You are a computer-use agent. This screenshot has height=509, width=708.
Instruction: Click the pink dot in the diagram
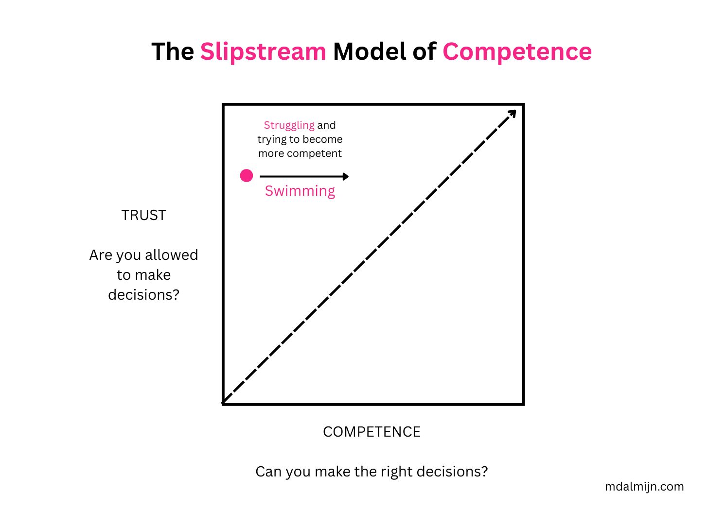point(247,175)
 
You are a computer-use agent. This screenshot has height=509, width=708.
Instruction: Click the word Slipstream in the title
point(263,51)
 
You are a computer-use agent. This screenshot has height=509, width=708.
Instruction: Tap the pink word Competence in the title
point(517,51)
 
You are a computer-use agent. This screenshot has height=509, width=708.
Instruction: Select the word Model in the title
point(369,51)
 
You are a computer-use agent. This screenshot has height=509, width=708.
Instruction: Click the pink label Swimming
point(300,191)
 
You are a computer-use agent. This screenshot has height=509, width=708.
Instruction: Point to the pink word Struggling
point(289,125)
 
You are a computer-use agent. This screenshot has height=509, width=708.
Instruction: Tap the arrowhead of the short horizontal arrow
point(345,176)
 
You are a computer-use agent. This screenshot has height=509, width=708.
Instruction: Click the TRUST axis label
point(143,215)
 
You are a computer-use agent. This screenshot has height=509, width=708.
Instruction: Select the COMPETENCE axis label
point(372,432)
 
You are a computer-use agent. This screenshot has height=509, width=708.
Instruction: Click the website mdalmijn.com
point(644,486)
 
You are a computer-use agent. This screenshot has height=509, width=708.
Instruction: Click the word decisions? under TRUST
point(143,295)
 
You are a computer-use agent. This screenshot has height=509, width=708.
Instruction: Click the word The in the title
point(173,51)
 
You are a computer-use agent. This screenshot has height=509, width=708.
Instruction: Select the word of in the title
point(424,51)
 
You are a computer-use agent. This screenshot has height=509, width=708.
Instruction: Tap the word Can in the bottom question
point(268,472)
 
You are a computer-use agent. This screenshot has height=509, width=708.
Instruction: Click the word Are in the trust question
point(101,255)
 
